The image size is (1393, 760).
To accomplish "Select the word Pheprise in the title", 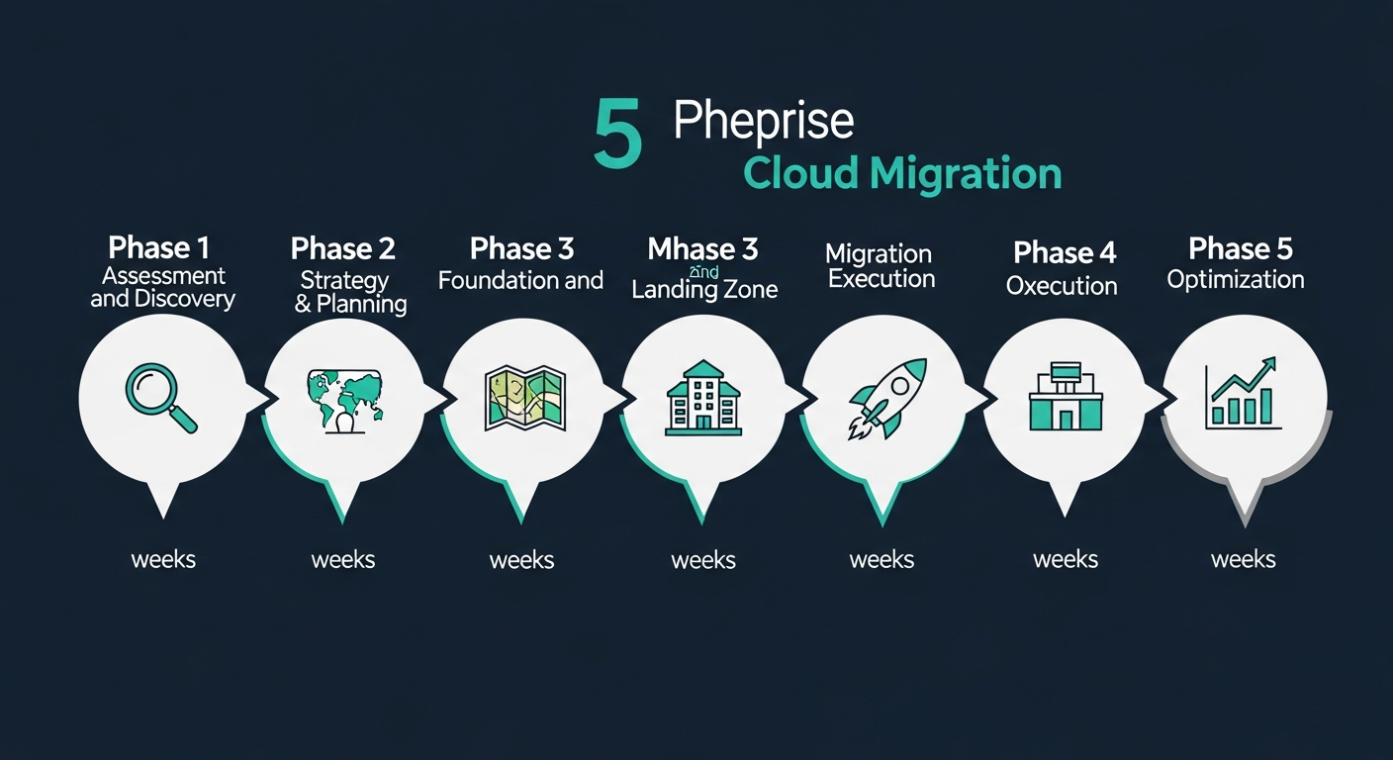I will click(x=763, y=121).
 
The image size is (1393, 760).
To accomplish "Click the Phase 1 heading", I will click(x=158, y=247).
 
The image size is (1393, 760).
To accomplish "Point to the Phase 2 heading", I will click(x=343, y=248).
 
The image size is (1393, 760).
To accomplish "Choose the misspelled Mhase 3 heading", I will click(x=702, y=248).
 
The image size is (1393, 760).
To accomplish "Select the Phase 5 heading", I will click(x=1240, y=248).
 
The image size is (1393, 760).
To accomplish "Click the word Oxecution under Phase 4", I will click(x=1062, y=286).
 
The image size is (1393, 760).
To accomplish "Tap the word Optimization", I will click(x=1236, y=280).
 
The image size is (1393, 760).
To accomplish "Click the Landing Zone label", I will click(x=704, y=289).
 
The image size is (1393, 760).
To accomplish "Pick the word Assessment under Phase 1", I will click(x=164, y=275).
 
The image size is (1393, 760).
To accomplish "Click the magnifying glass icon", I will click(x=160, y=398).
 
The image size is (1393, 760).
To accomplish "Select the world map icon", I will click(x=344, y=400).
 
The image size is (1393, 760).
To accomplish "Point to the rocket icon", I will click(x=887, y=398).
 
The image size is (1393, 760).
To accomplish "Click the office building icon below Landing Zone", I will click(x=703, y=400).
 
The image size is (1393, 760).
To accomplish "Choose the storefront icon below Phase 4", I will click(x=1066, y=398).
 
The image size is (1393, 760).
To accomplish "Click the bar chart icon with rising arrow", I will click(x=1243, y=396).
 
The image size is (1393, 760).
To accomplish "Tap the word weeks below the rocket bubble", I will click(x=882, y=559).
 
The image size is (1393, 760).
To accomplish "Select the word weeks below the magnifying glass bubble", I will click(x=163, y=559).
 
